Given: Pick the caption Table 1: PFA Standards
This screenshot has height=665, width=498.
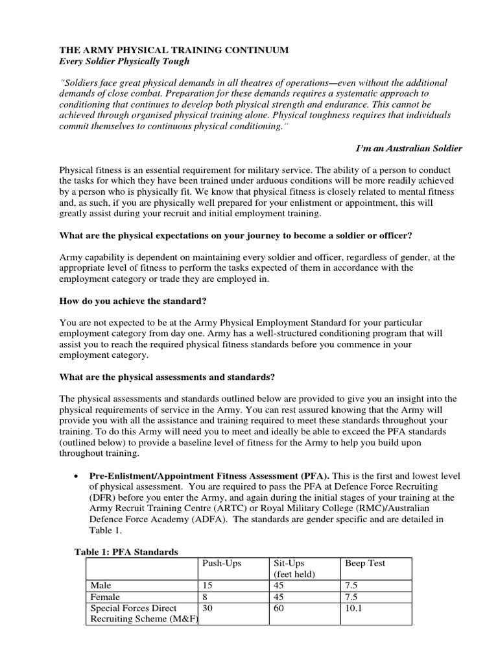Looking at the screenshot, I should [x=126, y=552].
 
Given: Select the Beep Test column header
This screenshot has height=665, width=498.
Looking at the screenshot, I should [x=364, y=563].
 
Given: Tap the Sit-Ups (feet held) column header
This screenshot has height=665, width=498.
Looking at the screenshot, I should [x=293, y=568].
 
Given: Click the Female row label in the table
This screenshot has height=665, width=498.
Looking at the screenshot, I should [x=106, y=597].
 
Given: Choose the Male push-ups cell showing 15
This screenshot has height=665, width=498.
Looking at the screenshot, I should [x=208, y=586].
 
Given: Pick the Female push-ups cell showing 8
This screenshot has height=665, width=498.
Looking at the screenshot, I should [x=206, y=597].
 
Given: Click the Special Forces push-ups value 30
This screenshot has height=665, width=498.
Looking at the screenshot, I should [x=208, y=608].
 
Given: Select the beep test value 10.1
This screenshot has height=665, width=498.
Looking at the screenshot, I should [x=353, y=608].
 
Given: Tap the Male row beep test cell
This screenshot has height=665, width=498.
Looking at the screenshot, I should [x=351, y=586].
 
